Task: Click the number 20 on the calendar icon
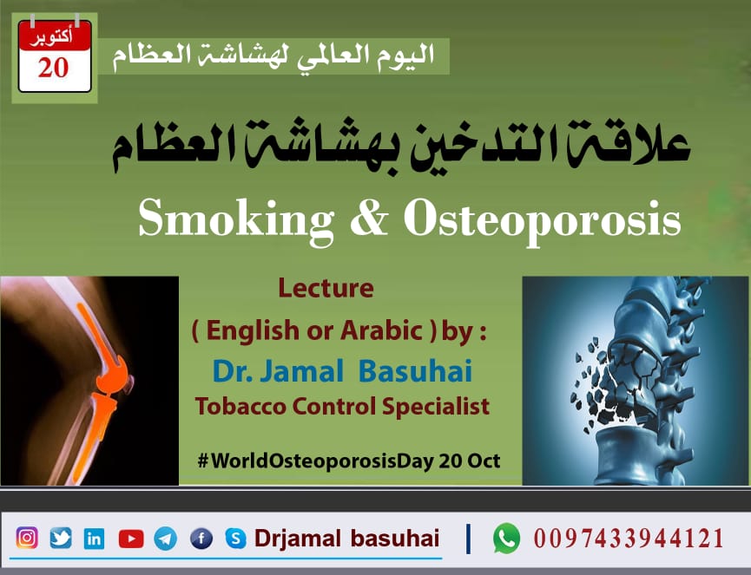[54, 69]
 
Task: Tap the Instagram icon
[28, 539]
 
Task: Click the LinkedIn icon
[94, 539]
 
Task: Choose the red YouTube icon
[130, 539]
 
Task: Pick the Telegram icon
[166, 539]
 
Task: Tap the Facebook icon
[201, 539]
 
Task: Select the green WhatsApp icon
[506, 539]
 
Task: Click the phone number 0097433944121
[629, 539]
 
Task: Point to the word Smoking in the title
[235, 220]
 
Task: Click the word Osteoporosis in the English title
[542, 220]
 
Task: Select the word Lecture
[326, 288]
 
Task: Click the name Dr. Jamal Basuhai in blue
[342, 371]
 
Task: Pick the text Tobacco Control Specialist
[342, 405]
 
